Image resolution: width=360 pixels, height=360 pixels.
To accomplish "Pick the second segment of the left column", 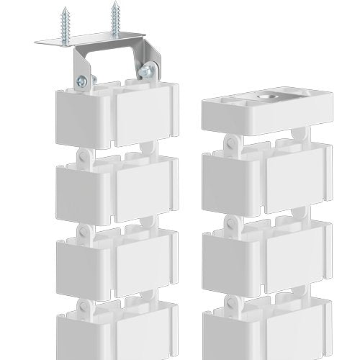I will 116,185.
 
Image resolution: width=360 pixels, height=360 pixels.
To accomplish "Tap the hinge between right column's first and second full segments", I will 231,220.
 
